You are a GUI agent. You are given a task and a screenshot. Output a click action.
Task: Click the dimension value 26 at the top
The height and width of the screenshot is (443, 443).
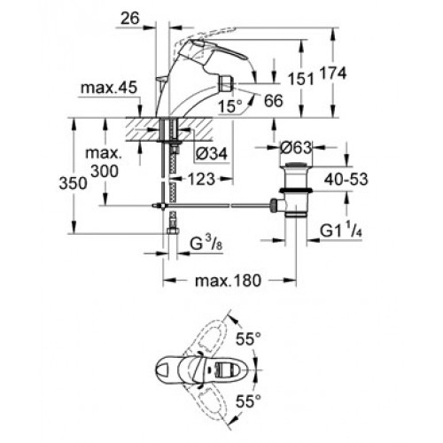click(130, 19)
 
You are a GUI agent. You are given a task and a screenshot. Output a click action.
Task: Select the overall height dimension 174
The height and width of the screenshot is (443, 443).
click(333, 73)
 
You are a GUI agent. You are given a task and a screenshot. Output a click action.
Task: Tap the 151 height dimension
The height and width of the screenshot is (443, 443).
click(300, 79)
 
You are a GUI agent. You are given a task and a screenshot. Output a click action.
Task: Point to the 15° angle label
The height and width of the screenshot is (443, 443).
click(230, 106)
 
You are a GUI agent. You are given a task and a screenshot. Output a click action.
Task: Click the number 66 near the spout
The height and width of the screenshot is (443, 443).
click(273, 101)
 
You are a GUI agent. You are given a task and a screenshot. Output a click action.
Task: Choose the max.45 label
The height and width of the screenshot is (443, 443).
click(109, 88)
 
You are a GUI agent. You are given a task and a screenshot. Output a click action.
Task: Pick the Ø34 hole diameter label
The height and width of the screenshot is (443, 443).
click(212, 153)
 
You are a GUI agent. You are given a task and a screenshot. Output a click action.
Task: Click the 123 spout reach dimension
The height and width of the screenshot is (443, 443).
click(202, 179)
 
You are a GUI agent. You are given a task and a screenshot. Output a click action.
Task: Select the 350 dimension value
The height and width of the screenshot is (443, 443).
click(74, 183)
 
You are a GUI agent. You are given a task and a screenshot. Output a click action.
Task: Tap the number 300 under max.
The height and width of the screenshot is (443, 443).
click(105, 171)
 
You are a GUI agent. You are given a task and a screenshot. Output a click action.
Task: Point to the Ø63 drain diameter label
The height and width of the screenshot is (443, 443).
click(296, 148)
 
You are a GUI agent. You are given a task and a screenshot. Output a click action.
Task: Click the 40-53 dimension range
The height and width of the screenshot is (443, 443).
click(346, 179)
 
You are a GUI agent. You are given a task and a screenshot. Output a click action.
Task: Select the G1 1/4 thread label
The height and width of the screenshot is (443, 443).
click(341, 231)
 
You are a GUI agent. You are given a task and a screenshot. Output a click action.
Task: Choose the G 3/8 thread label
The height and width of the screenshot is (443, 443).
click(206, 244)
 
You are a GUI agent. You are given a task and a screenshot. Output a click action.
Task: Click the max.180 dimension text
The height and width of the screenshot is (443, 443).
click(229, 280)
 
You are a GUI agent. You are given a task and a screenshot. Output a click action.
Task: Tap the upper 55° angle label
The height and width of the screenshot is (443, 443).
click(248, 338)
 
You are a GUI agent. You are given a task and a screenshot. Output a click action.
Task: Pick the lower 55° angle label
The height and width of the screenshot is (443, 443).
click(248, 401)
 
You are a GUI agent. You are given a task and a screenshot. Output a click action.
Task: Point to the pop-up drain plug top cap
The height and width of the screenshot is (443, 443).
click(296, 165)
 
